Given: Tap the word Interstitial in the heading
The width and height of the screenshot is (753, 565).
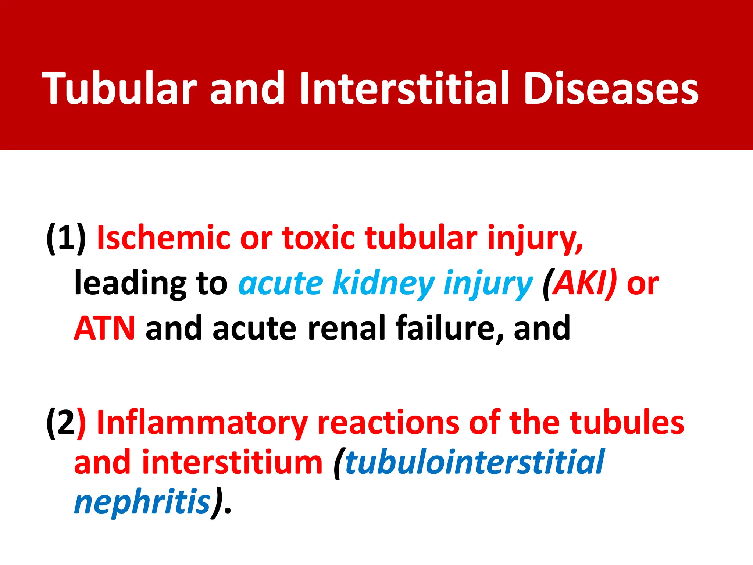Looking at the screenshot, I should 404,88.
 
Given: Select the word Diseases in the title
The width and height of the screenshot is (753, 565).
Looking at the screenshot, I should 610,88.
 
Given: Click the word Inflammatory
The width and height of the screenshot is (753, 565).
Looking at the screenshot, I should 202,423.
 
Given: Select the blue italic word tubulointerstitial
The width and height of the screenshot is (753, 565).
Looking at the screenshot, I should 474,463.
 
